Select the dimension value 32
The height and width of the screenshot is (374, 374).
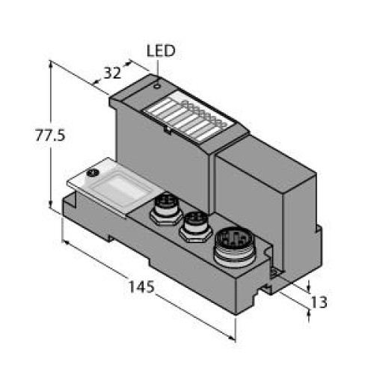[x=112, y=73]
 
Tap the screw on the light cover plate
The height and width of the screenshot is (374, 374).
[x=93, y=174]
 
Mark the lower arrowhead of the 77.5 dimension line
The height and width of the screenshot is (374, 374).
[x=51, y=207]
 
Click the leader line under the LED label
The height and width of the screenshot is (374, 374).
[x=157, y=71]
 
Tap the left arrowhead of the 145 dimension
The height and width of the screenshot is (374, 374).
[x=67, y=242]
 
